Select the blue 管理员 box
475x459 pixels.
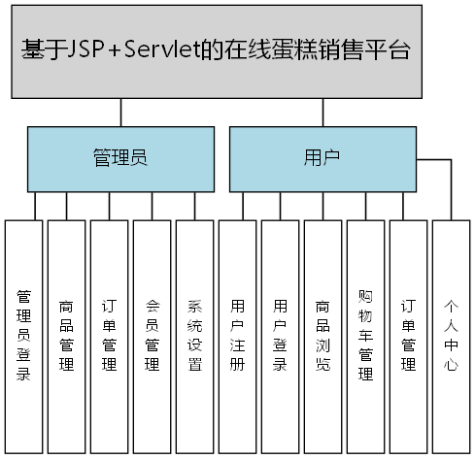pyautogui.click(x=119, y=157)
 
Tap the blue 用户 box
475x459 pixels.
pyautogui.click(x=322, y=157)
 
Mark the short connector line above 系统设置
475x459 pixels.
pyautogui.click(x=194, y=206)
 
